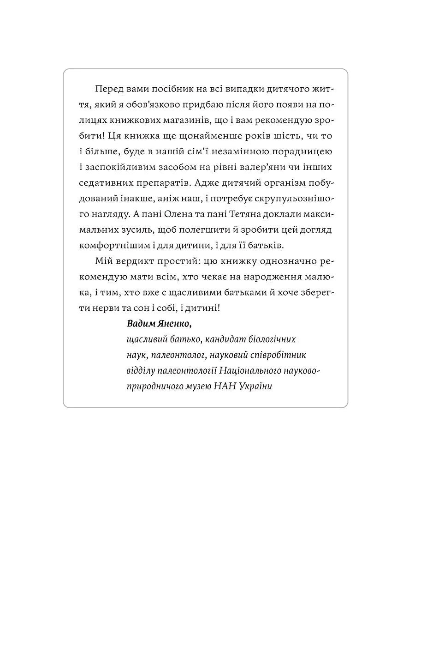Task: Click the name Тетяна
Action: pyautogui.click(x=258, y=214)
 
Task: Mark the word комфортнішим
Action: pyautogui.click(x=117, y=245)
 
